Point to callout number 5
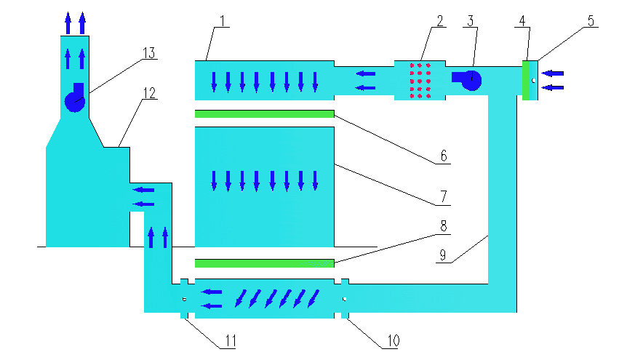tap(591, 20)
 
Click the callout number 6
tap(443, 156)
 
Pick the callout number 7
tap(443, 196)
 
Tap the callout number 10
tap(391, 340)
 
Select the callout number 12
tap(149, 93)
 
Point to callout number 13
tap(149, 52)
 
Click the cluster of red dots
tap(420, 80)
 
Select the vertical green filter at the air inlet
tap(526, 80)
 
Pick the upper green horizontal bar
tap(264, 113)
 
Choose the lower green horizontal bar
tap(264, 263)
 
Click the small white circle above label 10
tap(344, 297)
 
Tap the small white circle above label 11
tap(185, 297)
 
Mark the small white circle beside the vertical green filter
tap(533, 80)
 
